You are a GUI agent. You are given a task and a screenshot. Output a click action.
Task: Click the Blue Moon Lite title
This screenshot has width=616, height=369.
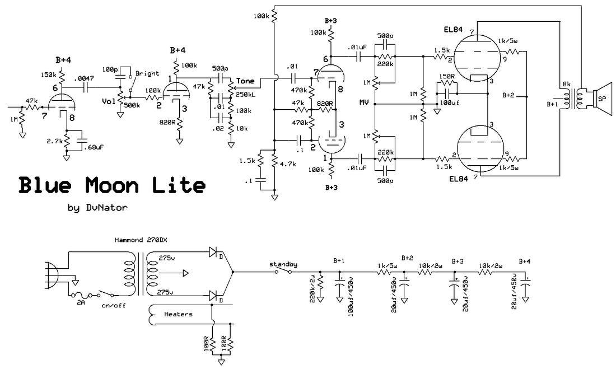point(112,185)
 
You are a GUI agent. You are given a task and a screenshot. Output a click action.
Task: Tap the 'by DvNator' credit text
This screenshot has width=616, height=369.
point(97,208)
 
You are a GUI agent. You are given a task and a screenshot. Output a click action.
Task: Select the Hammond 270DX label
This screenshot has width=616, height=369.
point(143,240)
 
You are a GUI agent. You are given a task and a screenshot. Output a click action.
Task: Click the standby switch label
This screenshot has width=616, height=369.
point(283,264)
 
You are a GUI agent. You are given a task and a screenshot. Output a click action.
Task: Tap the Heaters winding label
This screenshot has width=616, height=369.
point(178,314)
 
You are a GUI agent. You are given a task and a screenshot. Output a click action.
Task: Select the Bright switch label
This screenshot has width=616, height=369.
point(147,73)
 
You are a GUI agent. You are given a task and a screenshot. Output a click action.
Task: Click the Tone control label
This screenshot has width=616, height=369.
point(245,81)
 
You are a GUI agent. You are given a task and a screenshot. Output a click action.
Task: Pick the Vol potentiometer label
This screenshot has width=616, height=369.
point(109,101)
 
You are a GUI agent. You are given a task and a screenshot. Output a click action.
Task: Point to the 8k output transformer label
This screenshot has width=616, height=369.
point(566,84)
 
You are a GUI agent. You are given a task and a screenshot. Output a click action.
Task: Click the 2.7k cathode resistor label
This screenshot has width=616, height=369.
point(54,141)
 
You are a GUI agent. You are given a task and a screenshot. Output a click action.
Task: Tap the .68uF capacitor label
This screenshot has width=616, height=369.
point(94,147)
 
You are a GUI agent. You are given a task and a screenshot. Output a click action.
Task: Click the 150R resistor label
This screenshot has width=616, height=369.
point(447,76)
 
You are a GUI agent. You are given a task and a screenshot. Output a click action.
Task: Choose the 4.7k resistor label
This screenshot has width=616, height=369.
point(288,164)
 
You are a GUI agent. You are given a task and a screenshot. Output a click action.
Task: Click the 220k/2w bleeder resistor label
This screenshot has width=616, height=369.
point(313,289)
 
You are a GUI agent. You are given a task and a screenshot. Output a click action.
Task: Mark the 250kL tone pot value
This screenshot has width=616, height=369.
point(246,95)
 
